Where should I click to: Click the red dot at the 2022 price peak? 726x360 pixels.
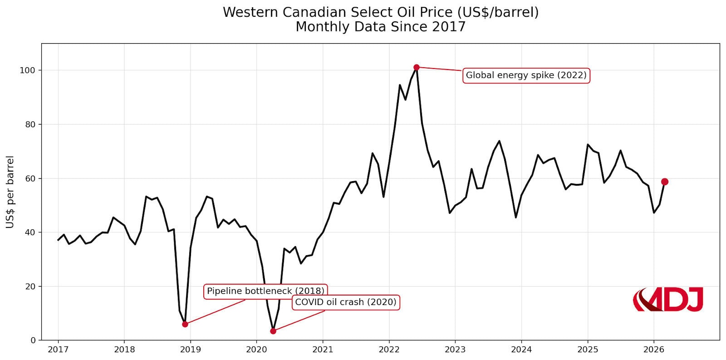(x=417, y=67)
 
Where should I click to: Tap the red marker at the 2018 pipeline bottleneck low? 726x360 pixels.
(x=185, y=324)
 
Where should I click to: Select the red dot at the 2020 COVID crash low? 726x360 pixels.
(x=273, y=331)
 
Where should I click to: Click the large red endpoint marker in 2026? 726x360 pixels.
(x=665, y=182)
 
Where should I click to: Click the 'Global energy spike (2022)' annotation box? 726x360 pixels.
(x=526, y=75)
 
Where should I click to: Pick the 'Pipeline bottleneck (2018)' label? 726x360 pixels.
(x=265, y=291)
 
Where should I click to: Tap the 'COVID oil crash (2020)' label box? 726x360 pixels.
(x=345, y=302)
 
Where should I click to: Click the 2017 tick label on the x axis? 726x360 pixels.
(x=58, y=350)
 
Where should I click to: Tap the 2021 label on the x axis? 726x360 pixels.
(x=323, y=350)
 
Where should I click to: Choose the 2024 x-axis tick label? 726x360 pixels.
(x=521, y=350)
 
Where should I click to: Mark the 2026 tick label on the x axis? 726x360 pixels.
(x=654, y=350)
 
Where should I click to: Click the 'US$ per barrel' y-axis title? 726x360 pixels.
(x=10, y=192)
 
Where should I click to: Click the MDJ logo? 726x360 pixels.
(x=668, y=300)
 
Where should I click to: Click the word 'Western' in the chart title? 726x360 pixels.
(x=250, y=12)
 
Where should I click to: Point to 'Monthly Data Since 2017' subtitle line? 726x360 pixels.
(x=380, y=27)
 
